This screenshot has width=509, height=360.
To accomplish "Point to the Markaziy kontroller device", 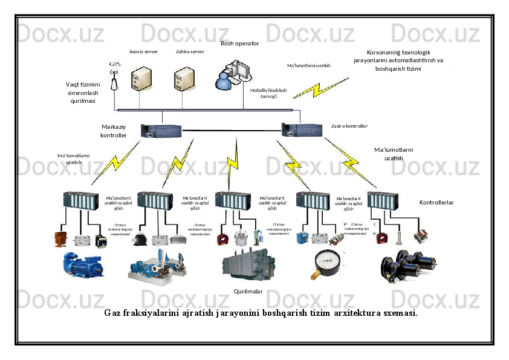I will (x=161, y=130).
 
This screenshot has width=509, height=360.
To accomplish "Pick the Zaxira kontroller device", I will (x=303, y=129).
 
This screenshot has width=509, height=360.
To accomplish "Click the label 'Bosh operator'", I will (x=239, y=44).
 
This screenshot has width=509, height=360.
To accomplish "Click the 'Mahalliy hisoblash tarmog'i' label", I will (x=268, y=93).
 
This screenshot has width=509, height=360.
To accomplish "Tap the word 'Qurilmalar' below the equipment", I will (x=248, y=291).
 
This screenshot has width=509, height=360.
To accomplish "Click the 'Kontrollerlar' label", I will (x=436, y=202).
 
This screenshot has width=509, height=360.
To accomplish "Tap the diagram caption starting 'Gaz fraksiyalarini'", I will (x=261, y=313).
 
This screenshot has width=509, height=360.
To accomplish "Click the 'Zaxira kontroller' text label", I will (x=349, y=126).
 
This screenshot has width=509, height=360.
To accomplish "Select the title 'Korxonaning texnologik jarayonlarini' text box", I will (x=398, y=61).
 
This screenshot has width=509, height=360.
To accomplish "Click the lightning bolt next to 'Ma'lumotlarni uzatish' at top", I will (x=329, y=84).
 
